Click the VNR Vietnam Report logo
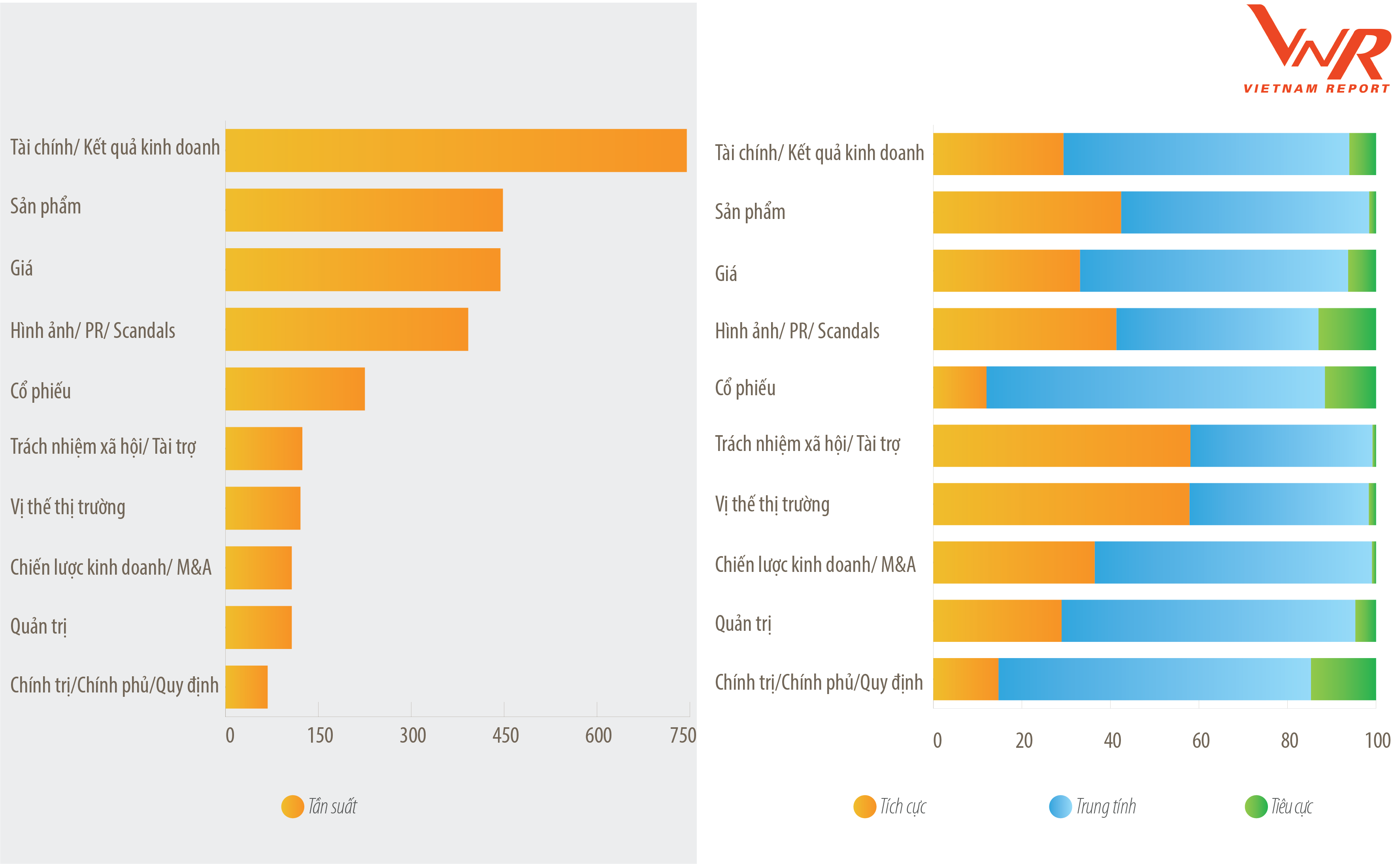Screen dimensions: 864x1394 (x=1317, y=49)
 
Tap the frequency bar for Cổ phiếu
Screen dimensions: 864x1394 (x=295, y=389)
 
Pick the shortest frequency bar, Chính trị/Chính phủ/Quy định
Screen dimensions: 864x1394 (x=246, y=687)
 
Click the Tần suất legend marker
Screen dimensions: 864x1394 (x=292, y=806)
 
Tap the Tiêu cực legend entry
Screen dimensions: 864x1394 (x=1279, y=806)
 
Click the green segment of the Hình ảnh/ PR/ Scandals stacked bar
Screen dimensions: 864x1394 (x=1347, y=329)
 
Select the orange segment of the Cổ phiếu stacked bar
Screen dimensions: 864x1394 (x=959, y=387)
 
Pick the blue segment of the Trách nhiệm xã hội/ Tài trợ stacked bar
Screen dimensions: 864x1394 (x=1281, y=446)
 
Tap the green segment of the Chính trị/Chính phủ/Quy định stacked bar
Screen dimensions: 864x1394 (x=1343, y=679)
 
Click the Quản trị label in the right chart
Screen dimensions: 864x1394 (x=743, y=623)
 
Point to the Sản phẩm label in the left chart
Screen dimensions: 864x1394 (x=46, y=206)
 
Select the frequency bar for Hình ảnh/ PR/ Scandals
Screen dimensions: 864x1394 (x=346, y=329)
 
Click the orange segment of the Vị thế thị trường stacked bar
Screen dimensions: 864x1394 (x=1060, y=504)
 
